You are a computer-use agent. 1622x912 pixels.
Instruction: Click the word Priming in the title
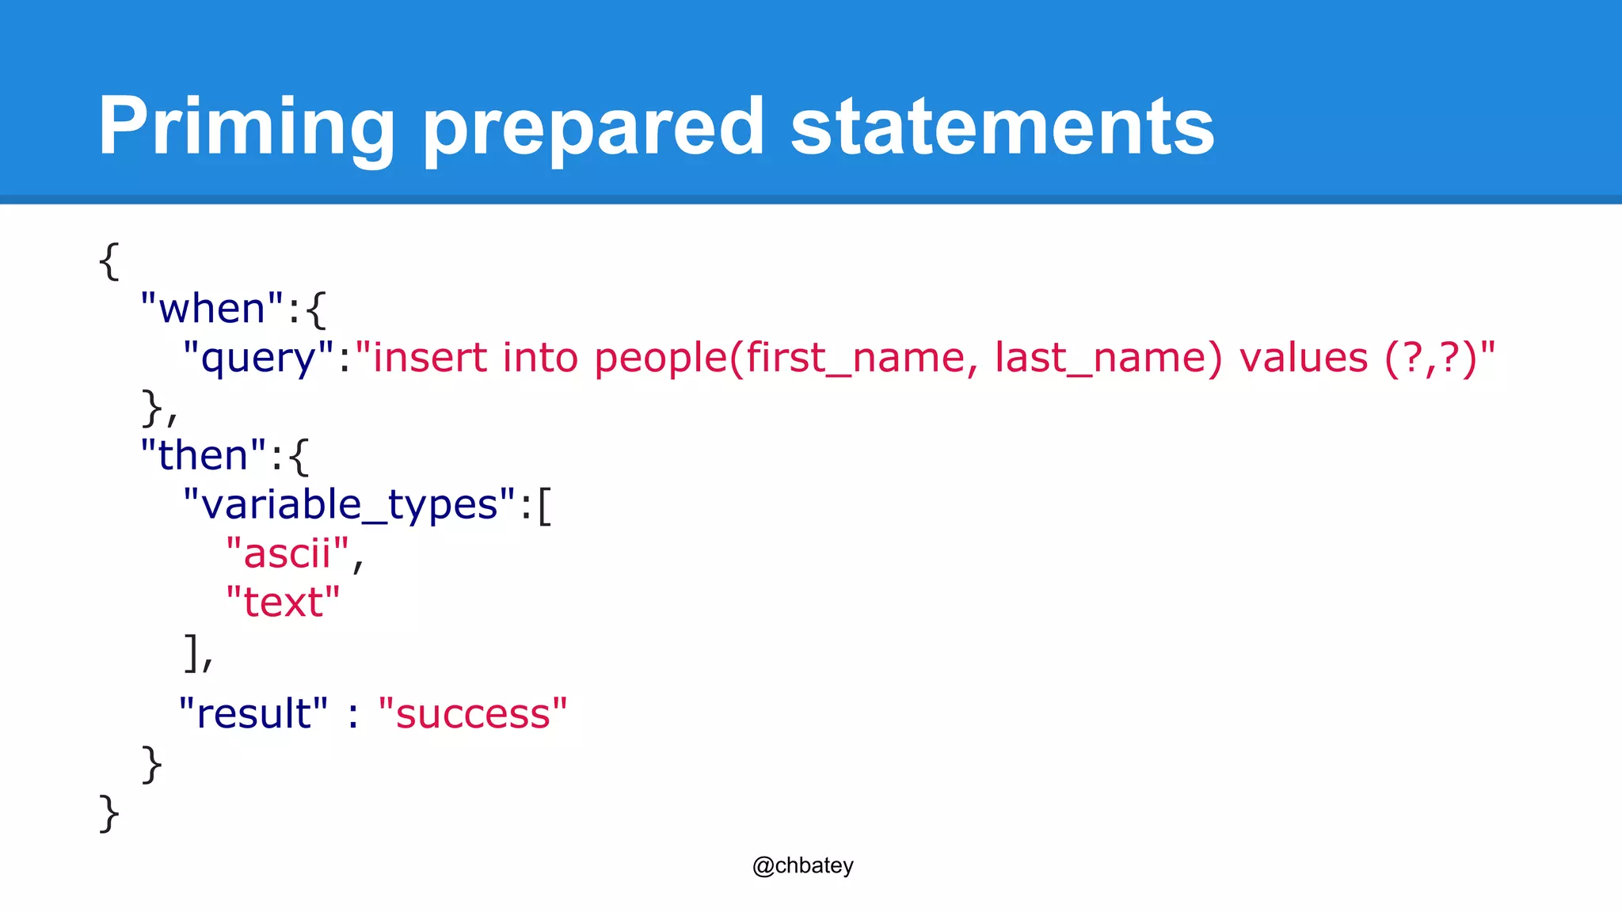tap(246, 127)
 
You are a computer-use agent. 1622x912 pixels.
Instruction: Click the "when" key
tap(211, 309)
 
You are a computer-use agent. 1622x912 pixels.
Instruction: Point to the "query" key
tap(258, 358)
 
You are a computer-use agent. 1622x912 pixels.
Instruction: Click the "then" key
tap(204, 456)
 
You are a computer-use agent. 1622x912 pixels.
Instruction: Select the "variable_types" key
tap(348, 505)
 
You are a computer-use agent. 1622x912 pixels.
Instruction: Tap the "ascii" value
tap(287, 554)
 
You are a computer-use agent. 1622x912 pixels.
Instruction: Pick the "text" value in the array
tap(283, 603)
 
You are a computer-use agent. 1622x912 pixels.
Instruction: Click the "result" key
tap(253, 714)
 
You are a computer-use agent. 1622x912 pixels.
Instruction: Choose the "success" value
tap(473, 714)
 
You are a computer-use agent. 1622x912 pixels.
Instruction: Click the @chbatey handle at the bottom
tap(802, 865)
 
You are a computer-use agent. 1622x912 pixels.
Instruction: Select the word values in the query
tap(1304, 358)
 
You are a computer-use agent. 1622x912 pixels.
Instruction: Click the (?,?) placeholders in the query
tap(1430, 358)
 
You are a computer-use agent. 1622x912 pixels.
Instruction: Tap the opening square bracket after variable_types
tap(544, 505)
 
